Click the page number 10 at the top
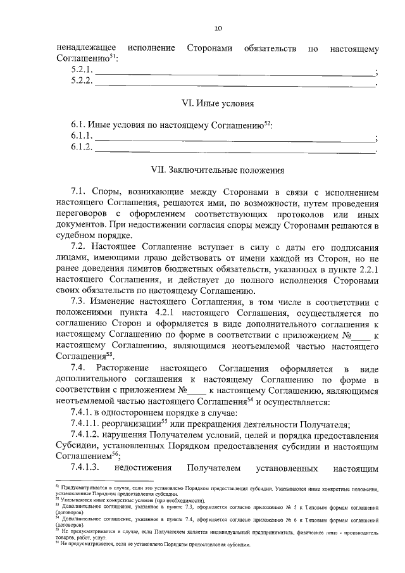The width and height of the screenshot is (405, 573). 218,28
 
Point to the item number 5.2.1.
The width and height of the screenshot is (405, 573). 82,70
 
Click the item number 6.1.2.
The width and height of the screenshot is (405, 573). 82,148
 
